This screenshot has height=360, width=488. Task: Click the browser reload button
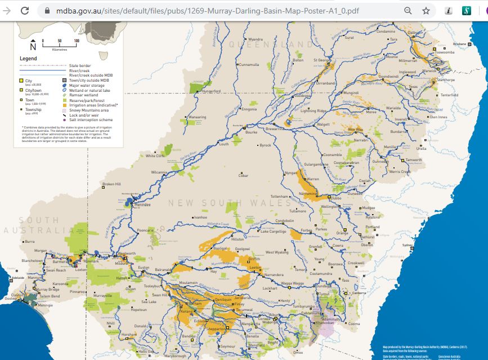point(25,10)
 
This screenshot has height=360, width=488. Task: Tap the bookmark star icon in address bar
point(426,10)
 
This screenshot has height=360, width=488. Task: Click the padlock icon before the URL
point(47,10)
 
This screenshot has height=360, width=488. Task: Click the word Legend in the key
point(28,59)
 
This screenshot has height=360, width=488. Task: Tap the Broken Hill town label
point(111,184)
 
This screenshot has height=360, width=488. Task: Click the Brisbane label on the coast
point(460,43)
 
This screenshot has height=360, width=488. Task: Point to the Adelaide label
point(18,278)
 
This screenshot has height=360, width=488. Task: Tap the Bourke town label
point(251,132)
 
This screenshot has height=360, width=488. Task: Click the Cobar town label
point(243,175)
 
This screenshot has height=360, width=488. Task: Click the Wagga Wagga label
point(293,283)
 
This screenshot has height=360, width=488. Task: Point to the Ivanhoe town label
point(201,217)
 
